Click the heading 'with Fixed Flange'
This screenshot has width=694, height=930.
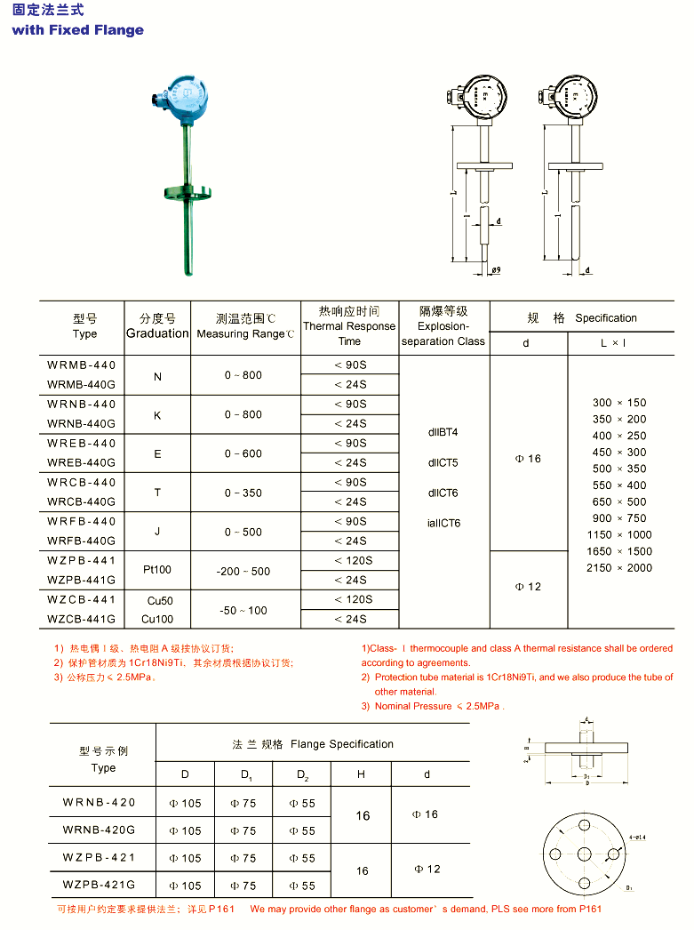point(78,30)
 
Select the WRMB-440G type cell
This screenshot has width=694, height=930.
point(82,384)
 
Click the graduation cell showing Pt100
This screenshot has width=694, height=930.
point(157,570)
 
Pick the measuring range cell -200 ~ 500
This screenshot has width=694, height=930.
point(243,571)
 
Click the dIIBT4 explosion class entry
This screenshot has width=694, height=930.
point(443,432)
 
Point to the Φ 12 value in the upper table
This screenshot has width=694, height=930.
point(528,587)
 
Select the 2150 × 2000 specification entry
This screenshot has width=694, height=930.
point(619,567)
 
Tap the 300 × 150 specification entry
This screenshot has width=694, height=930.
point(619,403)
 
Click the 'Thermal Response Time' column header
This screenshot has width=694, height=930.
point(349,326)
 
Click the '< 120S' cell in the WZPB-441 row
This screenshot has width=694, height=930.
point(350,560)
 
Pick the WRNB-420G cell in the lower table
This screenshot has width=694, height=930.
point(99,830)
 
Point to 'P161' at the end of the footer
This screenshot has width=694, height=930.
point(588,909)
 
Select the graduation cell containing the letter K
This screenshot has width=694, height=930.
point(157,414)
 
